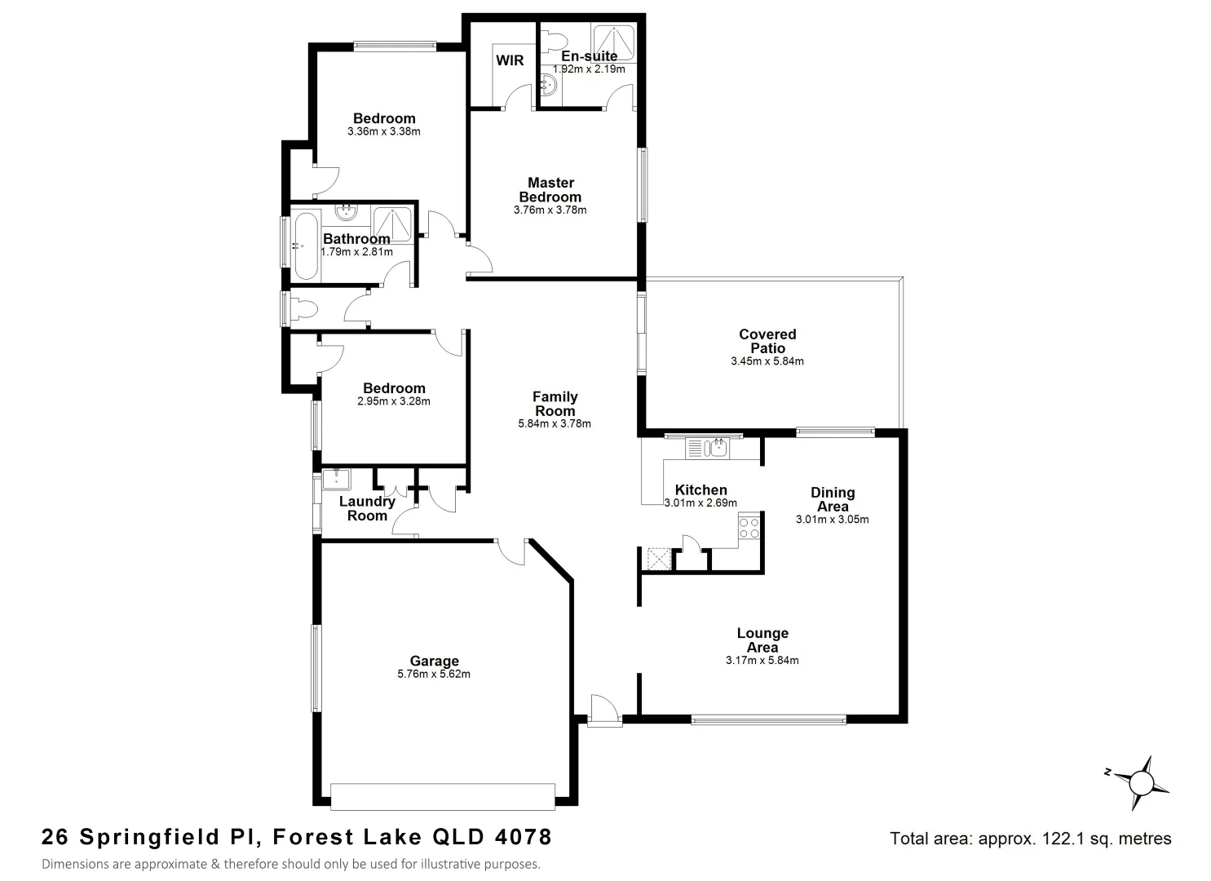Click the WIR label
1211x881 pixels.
pyautogui.click(x=510, y=61)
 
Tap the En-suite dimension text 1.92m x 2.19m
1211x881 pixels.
pyautogui.click(x=589, y=69)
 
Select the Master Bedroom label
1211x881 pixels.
pyautogui.click(x=550, y=189)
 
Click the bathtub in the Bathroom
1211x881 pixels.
pyautogui.click(x=306, y=245)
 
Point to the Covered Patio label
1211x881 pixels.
pyautogui.click(x=767, y=341)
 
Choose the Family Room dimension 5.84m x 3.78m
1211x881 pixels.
pyautogui.click(x=555, y=424)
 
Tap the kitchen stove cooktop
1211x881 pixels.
pyautogui.click(x=749, y=528)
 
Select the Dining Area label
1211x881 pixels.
pyautogui.click(x=833, y=499)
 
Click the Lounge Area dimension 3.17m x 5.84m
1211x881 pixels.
pyautogui.click(x=762, y=661)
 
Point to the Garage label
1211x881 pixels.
pyautogui.click(x=434, y=662)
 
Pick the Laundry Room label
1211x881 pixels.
pyautogui.click(x=367, y=508)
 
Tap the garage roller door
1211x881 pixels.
pyautogui.click(x=443, y=796)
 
